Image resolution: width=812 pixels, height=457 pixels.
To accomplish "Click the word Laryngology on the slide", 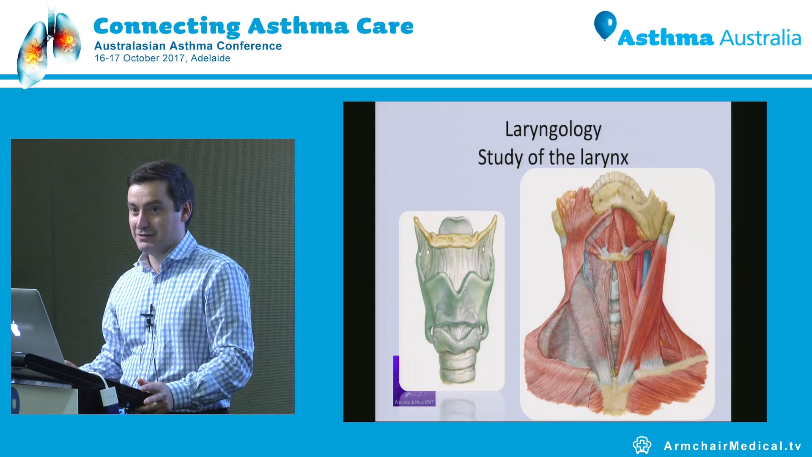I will click(553, 130).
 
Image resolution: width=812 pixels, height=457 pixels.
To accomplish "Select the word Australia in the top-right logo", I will click(760, 38).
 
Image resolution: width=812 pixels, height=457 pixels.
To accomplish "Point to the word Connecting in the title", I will click(167, 26).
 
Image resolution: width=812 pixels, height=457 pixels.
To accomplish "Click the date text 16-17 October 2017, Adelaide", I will click(162, 58).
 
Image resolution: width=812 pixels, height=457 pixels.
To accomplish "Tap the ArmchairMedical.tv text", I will click(732, 446).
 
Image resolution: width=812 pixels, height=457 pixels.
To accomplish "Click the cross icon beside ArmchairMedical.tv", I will click(642, 445).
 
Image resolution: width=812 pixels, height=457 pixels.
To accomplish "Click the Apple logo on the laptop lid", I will click(16, 328).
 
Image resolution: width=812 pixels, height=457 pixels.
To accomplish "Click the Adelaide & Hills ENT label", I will click(414, 402).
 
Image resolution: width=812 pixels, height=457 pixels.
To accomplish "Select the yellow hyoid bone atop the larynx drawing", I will click(456, 240).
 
